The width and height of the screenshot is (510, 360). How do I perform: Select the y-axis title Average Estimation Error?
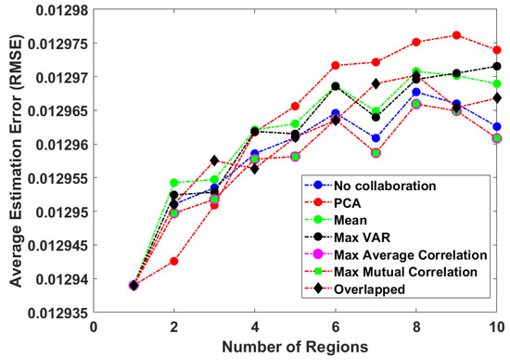pos(12,159)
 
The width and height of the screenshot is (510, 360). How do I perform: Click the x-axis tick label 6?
pos(335,326)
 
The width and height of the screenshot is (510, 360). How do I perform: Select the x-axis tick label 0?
pos(94,326)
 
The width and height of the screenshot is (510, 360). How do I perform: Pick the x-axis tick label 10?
pos(496,326)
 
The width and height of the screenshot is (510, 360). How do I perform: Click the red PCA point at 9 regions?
pos(456,35)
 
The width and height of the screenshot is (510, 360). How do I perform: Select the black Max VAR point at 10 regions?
pos(497,66)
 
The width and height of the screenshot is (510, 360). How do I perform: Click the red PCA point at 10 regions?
pos(497,50)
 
